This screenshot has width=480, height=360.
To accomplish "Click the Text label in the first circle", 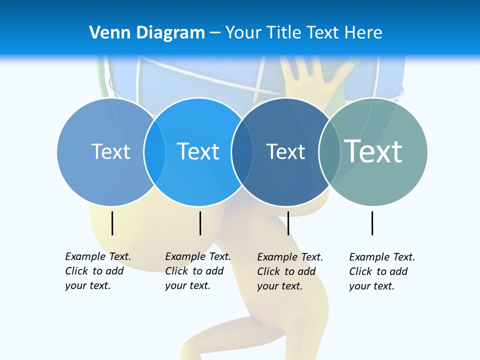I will coord(110,151).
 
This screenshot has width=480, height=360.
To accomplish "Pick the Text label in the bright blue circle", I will coord(198,151).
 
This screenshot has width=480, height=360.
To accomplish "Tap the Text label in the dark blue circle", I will coord(285,151).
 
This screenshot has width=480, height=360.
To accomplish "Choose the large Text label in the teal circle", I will coord(373,151).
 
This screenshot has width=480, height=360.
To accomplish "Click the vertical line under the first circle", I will coord(112,223).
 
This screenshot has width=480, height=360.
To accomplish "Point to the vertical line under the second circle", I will coord(200,223).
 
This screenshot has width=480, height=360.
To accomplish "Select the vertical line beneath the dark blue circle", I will coord(288,223).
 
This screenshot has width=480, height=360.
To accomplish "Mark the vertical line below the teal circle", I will coord(372,223).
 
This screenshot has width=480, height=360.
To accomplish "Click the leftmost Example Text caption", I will coord(97,271).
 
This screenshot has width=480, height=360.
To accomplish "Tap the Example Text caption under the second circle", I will coord(197,271).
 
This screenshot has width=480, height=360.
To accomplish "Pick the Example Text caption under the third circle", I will coord(289,271).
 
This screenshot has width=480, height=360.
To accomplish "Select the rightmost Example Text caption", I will coord(381,271).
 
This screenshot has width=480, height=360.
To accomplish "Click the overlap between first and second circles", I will coord(154,152).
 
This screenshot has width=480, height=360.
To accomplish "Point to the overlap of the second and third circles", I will coord(242,152).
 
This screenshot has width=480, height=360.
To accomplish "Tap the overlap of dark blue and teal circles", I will coord(329,152).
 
